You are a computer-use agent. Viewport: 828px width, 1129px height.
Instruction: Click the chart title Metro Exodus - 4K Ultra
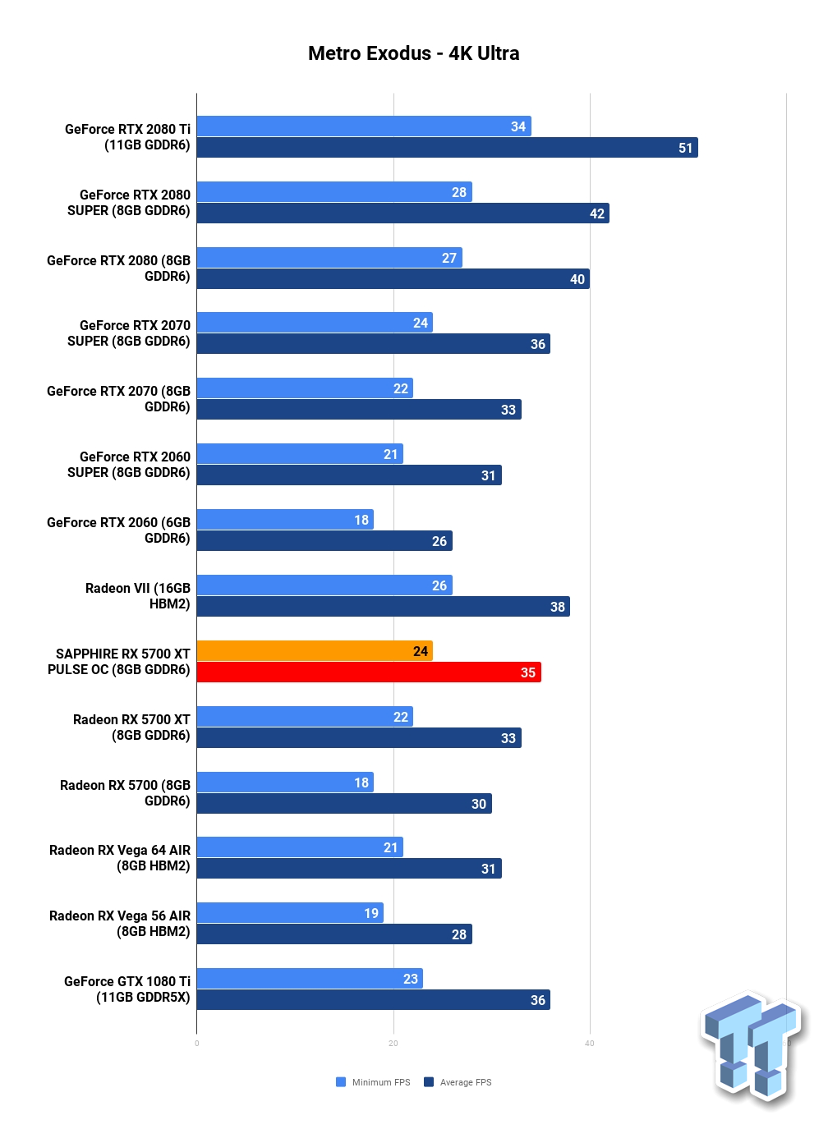413,53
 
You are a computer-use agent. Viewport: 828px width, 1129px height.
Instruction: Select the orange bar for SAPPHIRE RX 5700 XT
315,650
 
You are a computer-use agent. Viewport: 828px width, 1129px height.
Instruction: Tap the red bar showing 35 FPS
369,672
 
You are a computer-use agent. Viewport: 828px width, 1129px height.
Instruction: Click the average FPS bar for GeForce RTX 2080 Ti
448,147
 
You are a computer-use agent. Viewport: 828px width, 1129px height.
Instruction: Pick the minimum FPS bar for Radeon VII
324,585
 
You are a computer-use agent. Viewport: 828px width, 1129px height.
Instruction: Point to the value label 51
685,148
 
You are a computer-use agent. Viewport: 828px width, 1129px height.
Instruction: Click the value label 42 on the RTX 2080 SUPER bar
597,213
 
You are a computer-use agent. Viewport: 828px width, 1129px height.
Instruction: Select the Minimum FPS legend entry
373,1081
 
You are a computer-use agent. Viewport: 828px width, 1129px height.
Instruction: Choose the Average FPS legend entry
458,1081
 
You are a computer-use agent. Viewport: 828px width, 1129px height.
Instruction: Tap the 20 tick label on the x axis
393,1044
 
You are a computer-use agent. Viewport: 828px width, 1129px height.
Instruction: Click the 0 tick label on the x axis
196,1044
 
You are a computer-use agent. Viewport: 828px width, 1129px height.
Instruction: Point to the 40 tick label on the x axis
590,1044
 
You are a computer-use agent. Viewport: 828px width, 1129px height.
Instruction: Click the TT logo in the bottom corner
752,1049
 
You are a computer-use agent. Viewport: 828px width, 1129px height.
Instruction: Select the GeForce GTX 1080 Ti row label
127,989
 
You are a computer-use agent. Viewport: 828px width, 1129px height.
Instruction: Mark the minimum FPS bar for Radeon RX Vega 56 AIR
290,913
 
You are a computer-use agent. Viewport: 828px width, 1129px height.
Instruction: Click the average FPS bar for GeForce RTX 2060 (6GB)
324,540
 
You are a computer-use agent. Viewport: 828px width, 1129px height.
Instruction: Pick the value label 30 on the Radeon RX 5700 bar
479,803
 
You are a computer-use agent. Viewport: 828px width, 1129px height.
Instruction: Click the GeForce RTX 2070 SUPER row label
129,333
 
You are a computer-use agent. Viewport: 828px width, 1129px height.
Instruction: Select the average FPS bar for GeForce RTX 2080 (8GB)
393,278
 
